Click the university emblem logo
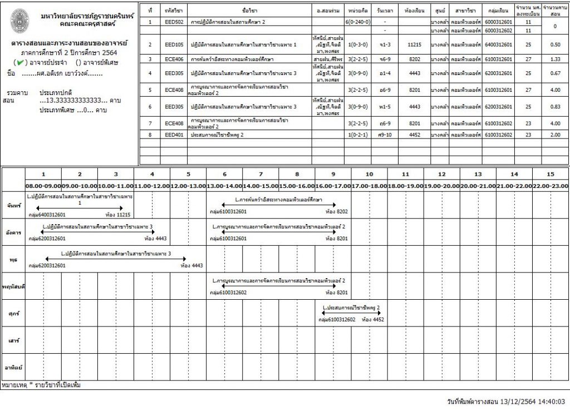pyautogui.click(x=21, y=20)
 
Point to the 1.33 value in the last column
pyautogui.click(x=554, y=58)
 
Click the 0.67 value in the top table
pyautogui.click(x=554, y=73)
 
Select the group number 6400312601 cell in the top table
pyautogui.click(x=497, y=44)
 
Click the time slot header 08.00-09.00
pyautogui.click(x=43, y=186)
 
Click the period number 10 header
pyautogui.click(x=369, y=174)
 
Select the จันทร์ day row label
pyautogui.click(x=13, y=205)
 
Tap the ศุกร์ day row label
pyautogui.click(x=13, y=314)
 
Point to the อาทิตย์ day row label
pyautogui.click(x=13, y=368)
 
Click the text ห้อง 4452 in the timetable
pyautogui.click(x=372, y=320)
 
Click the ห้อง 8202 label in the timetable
pyautogui.click(x=336, y=212)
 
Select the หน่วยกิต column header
pyautogui.click(x=356, y=10)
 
